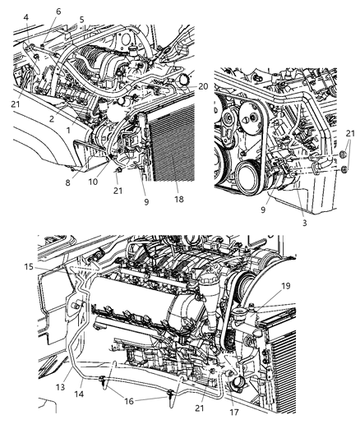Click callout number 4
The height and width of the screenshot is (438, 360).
[x=26, y=16]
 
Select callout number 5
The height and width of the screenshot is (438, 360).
[x=81, y=19]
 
